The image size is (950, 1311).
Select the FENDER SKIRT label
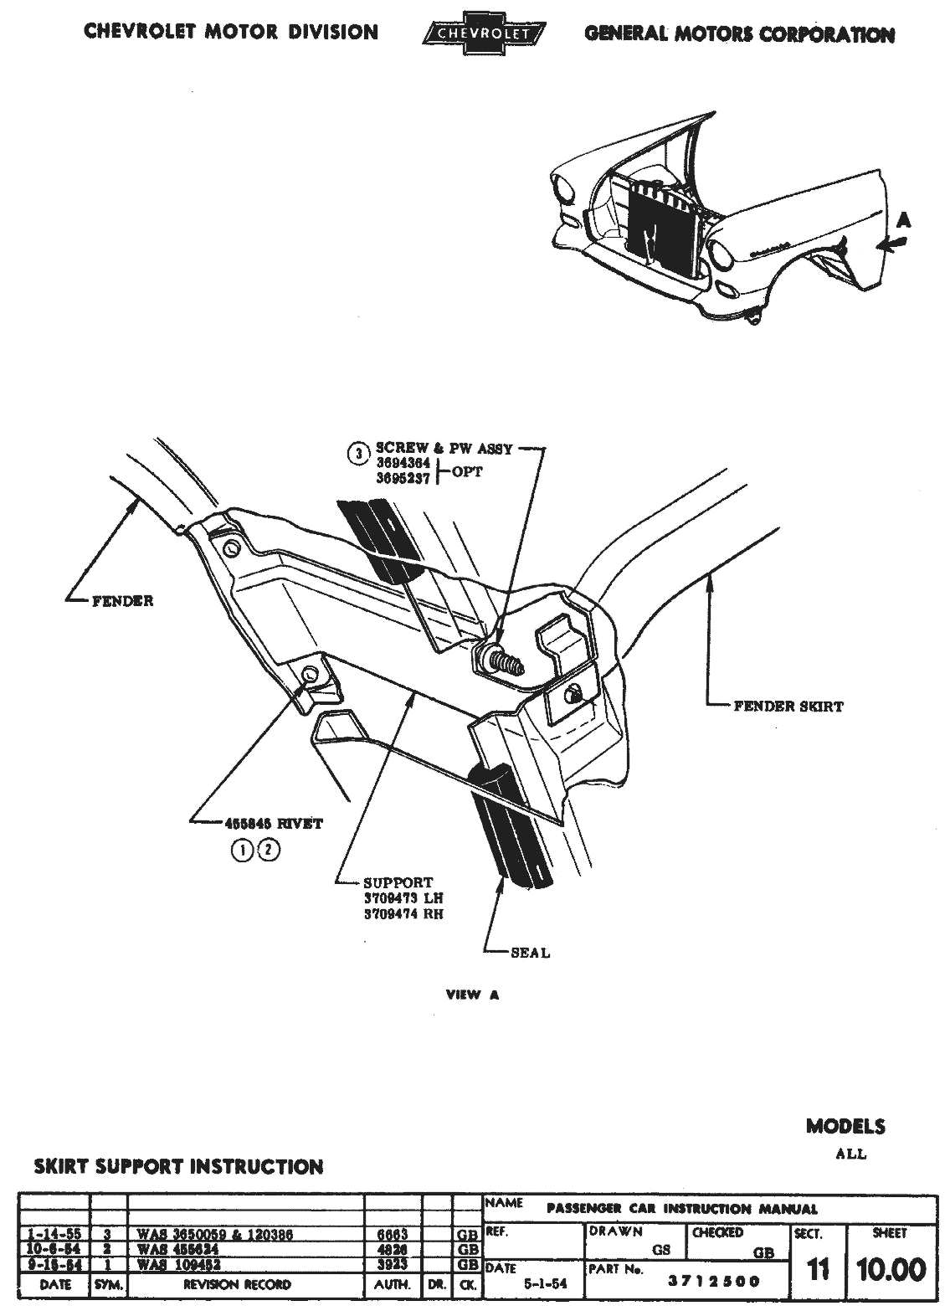pyautogui.click(x=788, y=706)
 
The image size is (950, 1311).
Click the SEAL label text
pyautogui.click(x=530, y=952)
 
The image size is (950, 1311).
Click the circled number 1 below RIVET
pyautogui.click(x=242, y=851)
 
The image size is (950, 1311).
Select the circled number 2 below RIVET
pyautogui.click(x=269, y=851)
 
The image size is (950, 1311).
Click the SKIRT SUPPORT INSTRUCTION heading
pyautogui.click(x=177, y=1166)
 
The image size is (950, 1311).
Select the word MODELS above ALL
pyautogui.click(x=845, y=1126)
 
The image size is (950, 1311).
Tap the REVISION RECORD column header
pyautogui.click(x=244, y=1284)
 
